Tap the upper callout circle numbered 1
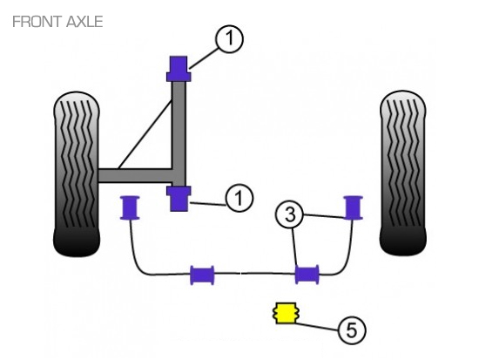pos(229,39)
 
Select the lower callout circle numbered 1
pos(239,198)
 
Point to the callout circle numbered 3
pos(290,214)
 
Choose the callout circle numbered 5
pos(352,330)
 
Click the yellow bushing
pos(286,313)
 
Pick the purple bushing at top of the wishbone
pos(179,69)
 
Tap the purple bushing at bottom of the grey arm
pos(179,199)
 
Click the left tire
pos(77,173)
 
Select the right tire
pos(402,173)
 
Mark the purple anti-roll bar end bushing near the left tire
pos(130,207)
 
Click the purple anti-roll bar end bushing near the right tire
pos(353,207)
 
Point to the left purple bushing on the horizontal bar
pos(202,275)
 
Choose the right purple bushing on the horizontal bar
pos(307,275)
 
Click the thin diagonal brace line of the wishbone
pos(145,134)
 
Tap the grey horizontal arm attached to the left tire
pos(135,175)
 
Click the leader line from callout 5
pos(317,326)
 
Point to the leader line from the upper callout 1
pos(204,58)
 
